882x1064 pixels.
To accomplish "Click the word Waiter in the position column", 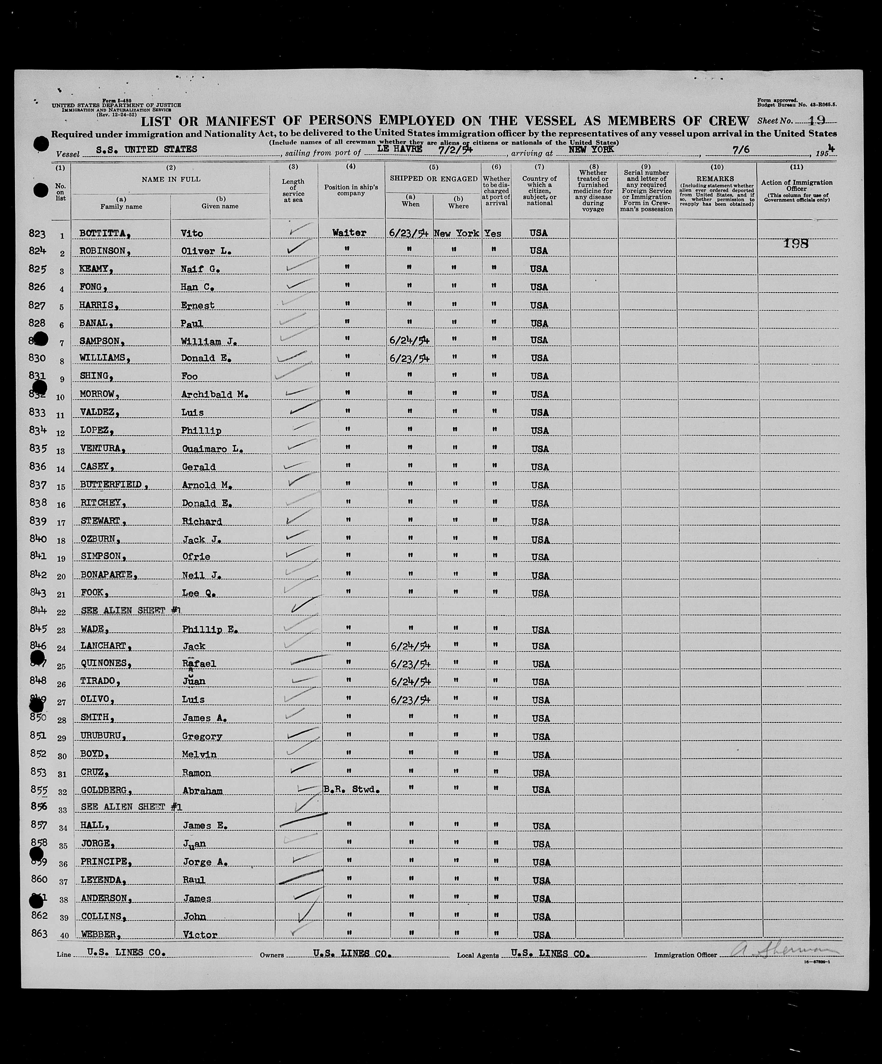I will click(x=349, y=232).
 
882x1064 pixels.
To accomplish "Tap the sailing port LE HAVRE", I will click(x=400, y=149).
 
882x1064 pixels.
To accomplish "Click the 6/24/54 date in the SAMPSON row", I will click(x=409, y=340).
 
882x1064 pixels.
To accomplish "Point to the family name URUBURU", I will click(x=101, y=736).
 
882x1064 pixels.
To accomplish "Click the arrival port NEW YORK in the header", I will click(x=591, y=149).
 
